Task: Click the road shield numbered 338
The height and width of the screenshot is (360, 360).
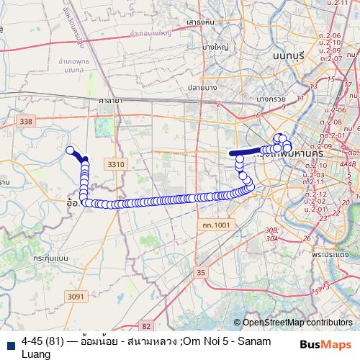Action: pos(27,122)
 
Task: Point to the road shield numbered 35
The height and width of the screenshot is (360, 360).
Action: pos(201,272)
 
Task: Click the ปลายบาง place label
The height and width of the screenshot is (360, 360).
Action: pos(223,87)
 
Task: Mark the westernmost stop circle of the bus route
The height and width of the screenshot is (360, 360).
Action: pos(71,150)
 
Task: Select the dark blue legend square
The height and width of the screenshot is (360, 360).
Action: pos(10,341)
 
